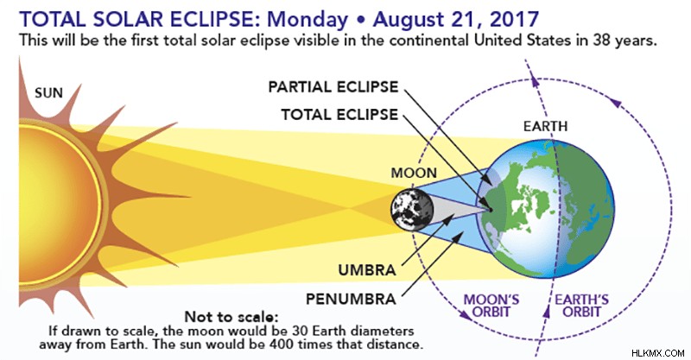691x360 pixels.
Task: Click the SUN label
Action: pyautogui.click(x=49, y=93)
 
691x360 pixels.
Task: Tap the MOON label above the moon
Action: pyautogui.click(x=414, y=173)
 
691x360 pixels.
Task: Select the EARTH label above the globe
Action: pyautogui.click(x=546, y=126)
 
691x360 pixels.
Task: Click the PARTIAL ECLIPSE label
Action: pyautogui.click(x=333, y=87)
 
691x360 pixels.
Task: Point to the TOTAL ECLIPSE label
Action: pyautogui.click(x=339, y=115)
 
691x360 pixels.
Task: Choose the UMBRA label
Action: pyautogui.click(x=367, y=270)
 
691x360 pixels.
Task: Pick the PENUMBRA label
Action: pyautogui.click(x=352, y=300)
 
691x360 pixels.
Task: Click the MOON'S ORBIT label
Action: pyautogui.click(x=491, y=306)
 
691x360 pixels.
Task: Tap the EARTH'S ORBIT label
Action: pyautogui.click(x=581, y=306)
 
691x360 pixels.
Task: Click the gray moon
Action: pyautogui.click(x=412, y=210)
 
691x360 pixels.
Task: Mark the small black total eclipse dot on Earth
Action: pyautogui.click(x=489, y=210)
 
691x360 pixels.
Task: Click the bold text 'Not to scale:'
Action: pyautogui.click(x=231, y=317)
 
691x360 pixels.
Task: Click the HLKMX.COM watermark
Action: pyautogui.click(x=657, y=353)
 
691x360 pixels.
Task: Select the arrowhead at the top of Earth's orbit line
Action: pyautogui.click(x=535, y=80)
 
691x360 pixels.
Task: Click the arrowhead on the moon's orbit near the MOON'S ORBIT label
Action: pyautogui.click(x=464, y=314)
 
